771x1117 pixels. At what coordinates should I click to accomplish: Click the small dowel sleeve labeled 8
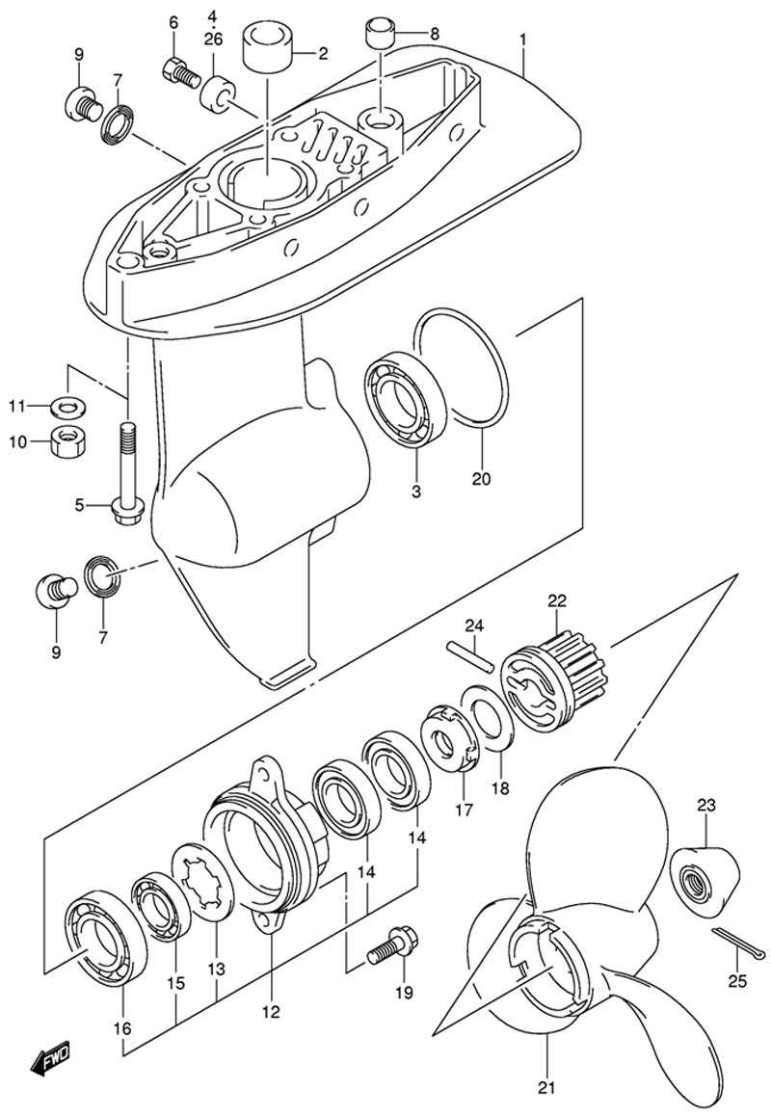point(380,34)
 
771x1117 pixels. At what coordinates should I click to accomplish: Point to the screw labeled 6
point(181,72)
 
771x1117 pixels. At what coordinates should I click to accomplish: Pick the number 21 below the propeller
point(547,1088)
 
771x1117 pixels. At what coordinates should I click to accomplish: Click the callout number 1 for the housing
point(523,40)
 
